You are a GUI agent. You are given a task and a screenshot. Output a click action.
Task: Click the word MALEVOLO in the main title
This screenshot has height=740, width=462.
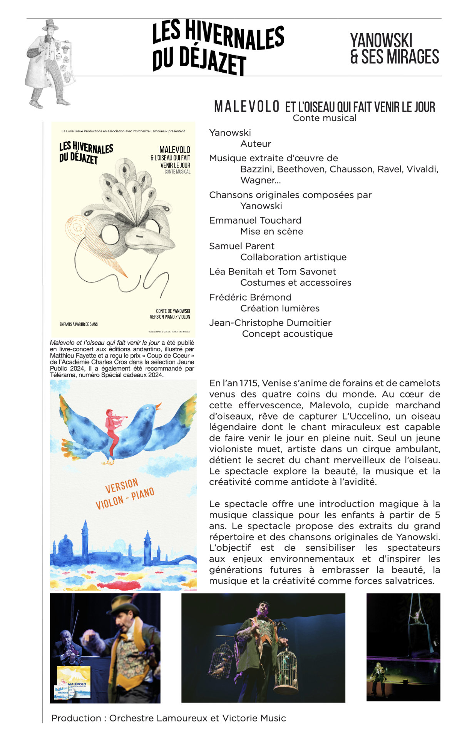(x=247, y=107)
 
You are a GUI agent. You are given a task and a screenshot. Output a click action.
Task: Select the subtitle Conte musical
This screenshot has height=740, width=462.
(x=325, y=118)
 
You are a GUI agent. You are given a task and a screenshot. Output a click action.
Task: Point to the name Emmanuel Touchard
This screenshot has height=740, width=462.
(x=255, y=220)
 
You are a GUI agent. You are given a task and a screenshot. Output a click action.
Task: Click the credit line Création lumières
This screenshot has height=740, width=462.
(x=280, y=308)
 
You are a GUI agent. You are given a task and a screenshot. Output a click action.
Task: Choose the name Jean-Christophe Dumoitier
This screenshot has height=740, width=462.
(x=270, y=323)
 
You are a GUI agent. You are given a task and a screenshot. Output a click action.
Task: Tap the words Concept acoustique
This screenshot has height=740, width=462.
(x=287, y=334)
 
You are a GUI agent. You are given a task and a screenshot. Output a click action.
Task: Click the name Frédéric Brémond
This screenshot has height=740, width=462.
(x=250, y=297)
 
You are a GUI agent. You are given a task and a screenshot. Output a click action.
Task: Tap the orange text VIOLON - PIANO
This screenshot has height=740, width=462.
(x=125, y=499)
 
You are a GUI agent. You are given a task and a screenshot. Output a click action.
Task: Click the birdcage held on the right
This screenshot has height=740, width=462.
(x=286, y=668)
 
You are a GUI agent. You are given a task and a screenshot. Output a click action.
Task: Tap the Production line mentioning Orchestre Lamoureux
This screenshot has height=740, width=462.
(x=169, y=718)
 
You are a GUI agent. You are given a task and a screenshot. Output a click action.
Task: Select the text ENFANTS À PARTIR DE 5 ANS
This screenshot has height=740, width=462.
(x=79, y=324)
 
